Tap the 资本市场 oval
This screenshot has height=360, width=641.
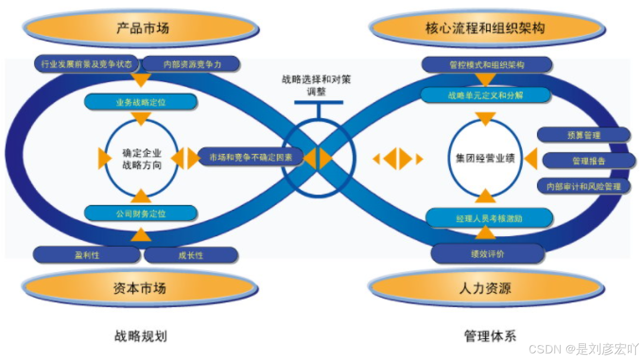coord(140,287)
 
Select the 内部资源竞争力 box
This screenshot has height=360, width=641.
coord(192,64)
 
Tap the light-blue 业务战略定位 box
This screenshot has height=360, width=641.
coord(140,102)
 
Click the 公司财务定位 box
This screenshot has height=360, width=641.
coord(140,213)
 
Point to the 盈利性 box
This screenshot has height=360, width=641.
coord(87,255)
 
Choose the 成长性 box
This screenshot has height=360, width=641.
coord(191,255)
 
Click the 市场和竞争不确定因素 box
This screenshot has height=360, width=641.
coord(251,157)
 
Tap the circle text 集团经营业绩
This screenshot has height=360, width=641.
coord(485,158)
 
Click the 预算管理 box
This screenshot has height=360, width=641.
coord(584,135)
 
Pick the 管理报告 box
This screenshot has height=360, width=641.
coord(589,161)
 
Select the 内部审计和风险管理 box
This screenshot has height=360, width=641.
coord(584,186)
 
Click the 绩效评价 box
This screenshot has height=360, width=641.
coord(487,254)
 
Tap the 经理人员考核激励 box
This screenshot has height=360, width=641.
coord(489,219)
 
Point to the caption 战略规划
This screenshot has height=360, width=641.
coord(140,336)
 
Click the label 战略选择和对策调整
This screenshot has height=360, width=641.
coord(316,85)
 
